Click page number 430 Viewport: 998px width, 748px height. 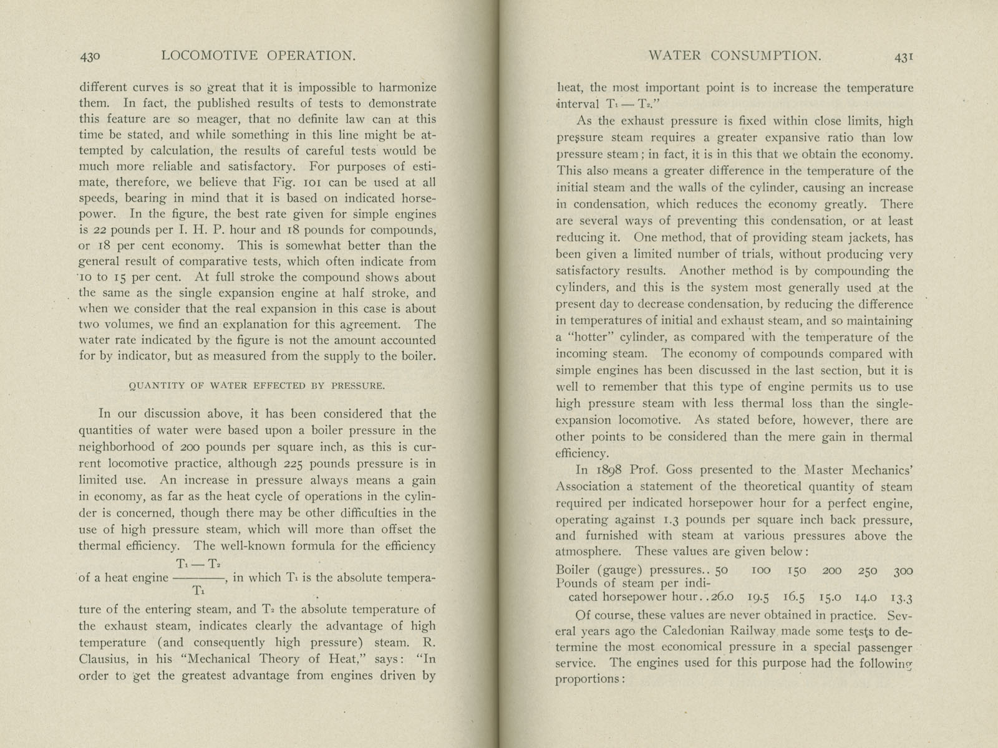(x=90, y=56)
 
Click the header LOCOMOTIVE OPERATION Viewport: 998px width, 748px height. (x=258, y=55)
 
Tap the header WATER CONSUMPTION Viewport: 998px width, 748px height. (x=735, y=55)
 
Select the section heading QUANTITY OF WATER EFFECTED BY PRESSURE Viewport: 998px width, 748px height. (x=256, y=385)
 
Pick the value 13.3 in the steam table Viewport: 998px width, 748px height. (x=902, y=599)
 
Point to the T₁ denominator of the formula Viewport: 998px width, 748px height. (x=197, y=591)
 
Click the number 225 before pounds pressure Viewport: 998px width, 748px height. (x=293, y=464)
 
